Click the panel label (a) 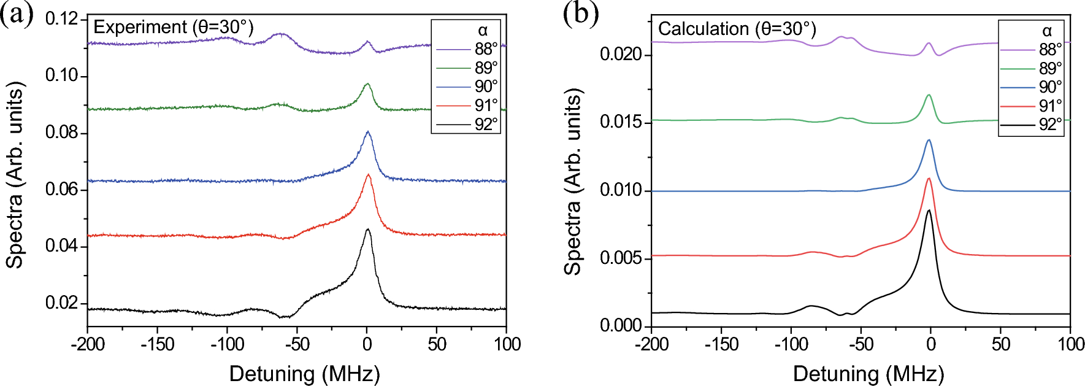point(17,14)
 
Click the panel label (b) point(580,14)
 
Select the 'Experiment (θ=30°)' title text point(173,27)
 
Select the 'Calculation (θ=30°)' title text point(737,29)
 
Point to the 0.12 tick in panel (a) point(62,19)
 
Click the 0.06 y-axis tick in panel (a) point(62,190)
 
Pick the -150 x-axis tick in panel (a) point(158,344)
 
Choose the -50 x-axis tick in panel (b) point(861,344)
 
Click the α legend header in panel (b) point(1046,31)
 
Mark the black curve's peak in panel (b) point(929,210)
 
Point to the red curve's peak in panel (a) point(368,175)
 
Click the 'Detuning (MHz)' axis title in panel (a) point(304,374)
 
